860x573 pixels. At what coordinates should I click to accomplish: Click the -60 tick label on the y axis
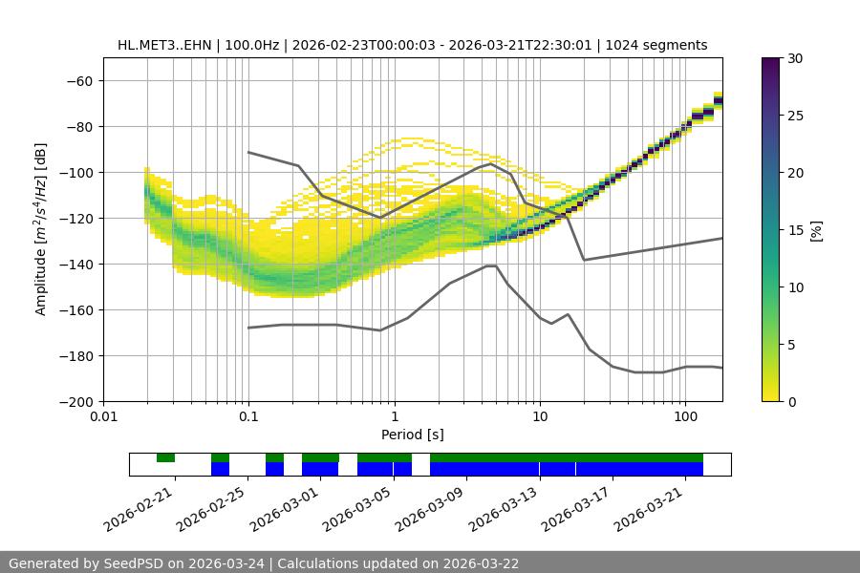pyautogui.click(x=79, y=80)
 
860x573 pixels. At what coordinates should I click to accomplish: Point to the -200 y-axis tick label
pyautogui.click(x=76, y=401)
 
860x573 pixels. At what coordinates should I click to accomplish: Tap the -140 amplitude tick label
pyautogui.click(x=76, y=264)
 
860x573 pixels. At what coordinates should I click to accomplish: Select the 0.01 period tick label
pyautogui.click(x=103, y=417)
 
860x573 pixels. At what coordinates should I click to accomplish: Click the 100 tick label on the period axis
pyautogui.click(x=685, y=417)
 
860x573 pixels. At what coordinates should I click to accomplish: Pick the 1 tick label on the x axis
pyautogui.click(x=394, y=417)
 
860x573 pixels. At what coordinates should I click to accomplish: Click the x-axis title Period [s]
pyautogui.click(x=413, y=435)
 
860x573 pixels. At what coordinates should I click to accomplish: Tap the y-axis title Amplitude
pyautogui.click(x=41, y=229)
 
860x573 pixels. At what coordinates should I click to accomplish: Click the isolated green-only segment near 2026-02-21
pyautogui.click(x=165, y=457)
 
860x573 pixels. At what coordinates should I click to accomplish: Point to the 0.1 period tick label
pyautogui.click(x=248, y=417)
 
